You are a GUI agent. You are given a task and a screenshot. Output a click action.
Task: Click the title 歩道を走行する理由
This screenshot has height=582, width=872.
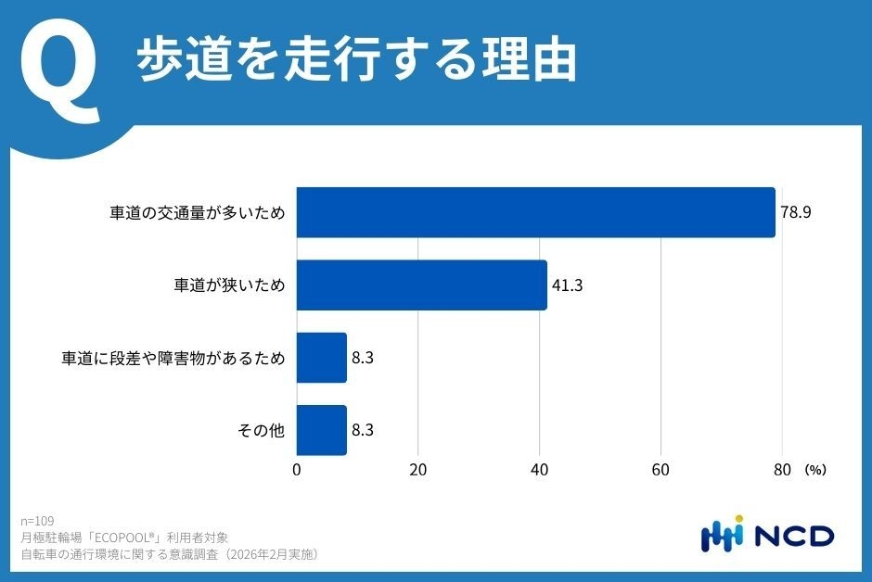pos(357,61)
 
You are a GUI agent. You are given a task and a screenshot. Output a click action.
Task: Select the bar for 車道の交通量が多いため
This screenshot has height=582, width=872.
pos(535,212)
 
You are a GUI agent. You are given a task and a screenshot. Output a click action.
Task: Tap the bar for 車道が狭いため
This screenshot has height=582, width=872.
pos(421,285)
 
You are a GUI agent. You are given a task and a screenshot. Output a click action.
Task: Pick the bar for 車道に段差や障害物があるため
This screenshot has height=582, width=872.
pos(321,358)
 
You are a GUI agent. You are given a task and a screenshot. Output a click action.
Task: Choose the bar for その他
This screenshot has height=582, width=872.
pos(321,430)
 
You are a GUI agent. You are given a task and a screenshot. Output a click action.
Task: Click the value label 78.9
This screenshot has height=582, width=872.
pos(796,212)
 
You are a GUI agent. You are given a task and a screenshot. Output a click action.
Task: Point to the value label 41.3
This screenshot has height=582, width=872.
pos(567,285)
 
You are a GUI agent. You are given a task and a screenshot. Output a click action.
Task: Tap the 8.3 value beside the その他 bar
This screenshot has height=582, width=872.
pos(364,430)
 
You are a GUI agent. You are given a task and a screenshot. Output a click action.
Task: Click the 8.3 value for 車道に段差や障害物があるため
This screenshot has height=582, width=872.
pos(364,358)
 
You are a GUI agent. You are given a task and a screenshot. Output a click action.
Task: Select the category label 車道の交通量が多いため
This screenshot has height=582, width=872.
pos(197,212)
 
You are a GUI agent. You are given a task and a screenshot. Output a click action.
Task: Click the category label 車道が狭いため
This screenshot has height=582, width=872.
pos(230,285)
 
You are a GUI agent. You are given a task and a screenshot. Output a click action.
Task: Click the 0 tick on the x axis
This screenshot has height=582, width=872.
pos(297,470)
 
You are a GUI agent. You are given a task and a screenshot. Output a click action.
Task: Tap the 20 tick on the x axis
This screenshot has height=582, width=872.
pos(418,470)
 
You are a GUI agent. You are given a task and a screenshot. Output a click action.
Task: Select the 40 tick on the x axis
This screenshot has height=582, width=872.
pos(539,470)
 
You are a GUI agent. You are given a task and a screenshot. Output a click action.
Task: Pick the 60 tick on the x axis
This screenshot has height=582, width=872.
pos(660,470)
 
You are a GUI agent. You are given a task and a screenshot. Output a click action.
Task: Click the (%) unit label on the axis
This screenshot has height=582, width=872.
pos(815,470)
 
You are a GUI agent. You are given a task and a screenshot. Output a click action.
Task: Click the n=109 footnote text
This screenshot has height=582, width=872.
pos(37,521)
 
